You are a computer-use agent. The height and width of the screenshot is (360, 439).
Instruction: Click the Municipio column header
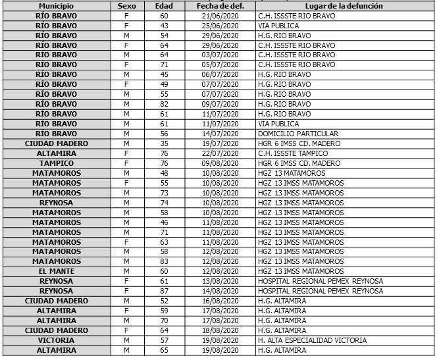point(55,5)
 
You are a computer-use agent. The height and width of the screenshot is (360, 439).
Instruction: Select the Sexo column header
point(126,5)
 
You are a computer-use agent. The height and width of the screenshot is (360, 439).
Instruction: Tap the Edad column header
point(164,5)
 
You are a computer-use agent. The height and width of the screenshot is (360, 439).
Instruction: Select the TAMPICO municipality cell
point(55,163)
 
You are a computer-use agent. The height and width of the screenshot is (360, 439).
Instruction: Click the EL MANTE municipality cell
point(55,271)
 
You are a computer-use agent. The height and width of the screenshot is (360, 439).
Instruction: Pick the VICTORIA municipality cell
point(55,340)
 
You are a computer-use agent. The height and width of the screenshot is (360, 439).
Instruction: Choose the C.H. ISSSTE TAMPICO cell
point(292,153)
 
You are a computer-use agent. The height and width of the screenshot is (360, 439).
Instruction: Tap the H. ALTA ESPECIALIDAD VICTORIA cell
point(313,340)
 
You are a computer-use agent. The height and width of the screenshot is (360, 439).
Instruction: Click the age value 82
point(164,104)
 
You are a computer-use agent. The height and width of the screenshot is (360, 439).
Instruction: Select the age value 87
point(164,291)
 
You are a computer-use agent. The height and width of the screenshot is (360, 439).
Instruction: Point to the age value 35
point(164,143)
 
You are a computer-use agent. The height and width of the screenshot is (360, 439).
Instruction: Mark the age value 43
point(164,25)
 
